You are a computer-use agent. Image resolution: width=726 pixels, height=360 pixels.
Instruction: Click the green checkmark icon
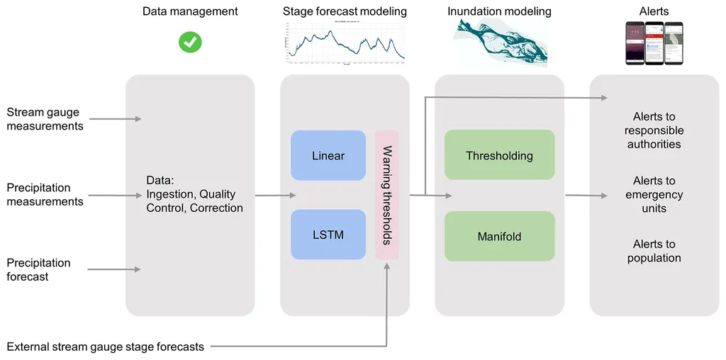[x=190, y=42]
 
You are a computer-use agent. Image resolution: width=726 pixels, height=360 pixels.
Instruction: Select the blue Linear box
[x=328, y=155]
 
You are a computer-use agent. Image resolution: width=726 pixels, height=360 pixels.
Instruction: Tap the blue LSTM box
[x=328, y=234]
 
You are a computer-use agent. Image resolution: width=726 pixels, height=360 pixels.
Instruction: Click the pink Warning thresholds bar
[x=387, y=194]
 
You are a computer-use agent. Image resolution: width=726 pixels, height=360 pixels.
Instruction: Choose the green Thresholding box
[x=499, y=155]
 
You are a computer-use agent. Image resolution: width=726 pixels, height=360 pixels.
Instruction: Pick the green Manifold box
[x=499, y=236]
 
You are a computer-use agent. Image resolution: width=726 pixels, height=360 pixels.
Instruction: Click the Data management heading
[x=190, y=11]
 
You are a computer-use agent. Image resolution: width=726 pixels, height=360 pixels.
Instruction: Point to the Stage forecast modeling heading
[x=345, y=11]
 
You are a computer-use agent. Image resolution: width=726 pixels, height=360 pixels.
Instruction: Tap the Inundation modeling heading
[x=499, y=11]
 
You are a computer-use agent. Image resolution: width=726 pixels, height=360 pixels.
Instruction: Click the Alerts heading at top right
[x=654, y=11]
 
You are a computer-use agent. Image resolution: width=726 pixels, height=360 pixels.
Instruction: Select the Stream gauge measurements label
[x=45, y=119]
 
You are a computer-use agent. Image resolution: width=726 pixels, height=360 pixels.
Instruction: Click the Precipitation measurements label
[x=45, y=195]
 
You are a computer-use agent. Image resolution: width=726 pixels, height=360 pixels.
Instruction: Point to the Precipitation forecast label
[x=38, y=269]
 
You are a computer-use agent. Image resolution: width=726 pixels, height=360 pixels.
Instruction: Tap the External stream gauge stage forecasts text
[x=105, y=347]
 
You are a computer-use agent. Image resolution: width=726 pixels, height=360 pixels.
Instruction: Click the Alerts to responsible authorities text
[x=654, y=130]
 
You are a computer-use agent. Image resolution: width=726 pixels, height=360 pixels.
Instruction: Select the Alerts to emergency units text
[x=654, y=195]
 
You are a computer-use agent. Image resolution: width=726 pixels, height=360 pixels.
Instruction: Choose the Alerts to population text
[x=654, y=251]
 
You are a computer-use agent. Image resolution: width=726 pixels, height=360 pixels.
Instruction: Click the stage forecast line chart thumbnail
[x=345, y=43]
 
